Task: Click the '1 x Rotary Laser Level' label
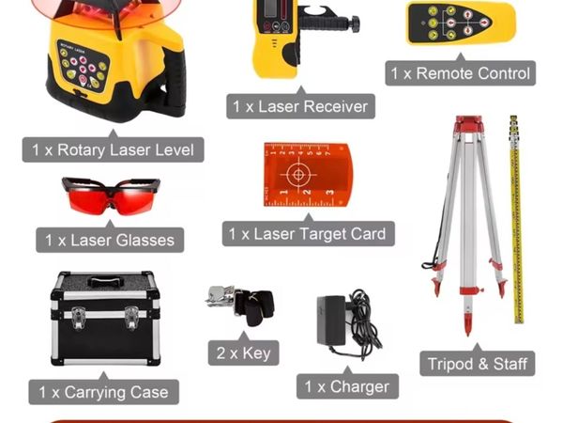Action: pyautogui.click(x=114, y=149)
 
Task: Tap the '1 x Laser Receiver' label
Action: pyautogui.click(x=301, y=106)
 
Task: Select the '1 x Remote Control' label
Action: pyautogui.click(x=461, y=73)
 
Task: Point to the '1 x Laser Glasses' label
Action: pyautogui.click(x=110, y=240)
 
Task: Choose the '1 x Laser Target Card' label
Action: pyautogui.click(x=308, y=234)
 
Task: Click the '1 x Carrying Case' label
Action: pyautogui.click(x=104, y=392)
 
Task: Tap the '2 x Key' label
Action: pyautogui.click(x=243, y=352)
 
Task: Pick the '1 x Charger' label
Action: pyautogui.click(x=347, y=386)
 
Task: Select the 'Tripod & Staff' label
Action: pyautogui.click(x=478, y=364)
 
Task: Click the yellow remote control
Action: pyautogui.click(x=461, y=23)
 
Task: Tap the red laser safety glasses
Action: pyautogui.click(x=112, y=196)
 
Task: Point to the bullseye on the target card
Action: pyautogui.click(x=298, y=175)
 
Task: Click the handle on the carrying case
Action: pyautogui.click(x=103, y=281)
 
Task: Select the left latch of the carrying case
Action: pyautogui.click(x=78, y=318)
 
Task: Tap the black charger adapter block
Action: pyautogui.click(x=331, y=321)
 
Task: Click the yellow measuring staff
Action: pyautogui.click(x=516, y=219)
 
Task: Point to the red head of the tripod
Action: pyautogui.click(x=468, y=124)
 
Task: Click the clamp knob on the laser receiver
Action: pyautogui.click(x=356, y=24)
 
